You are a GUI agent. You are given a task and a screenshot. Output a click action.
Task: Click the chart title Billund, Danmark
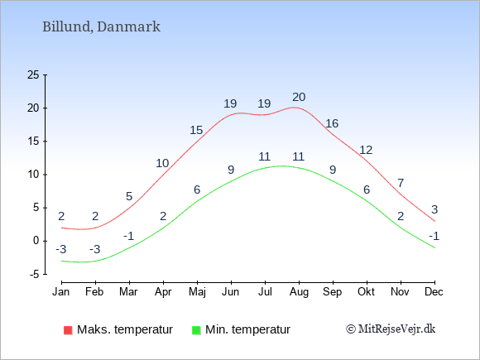tap(101, 27)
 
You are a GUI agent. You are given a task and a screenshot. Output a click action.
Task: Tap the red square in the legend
tap(68, 330)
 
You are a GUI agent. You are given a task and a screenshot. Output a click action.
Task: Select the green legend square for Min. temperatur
tap(196, 330)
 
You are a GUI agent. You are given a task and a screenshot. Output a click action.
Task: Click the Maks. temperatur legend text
tap(125, 329)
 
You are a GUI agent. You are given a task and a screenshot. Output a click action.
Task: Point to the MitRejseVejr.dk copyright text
tap(391, 329)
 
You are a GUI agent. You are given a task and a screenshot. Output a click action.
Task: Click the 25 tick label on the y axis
tap(33, 74)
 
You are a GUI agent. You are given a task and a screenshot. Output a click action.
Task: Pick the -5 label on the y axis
tap(34, 274)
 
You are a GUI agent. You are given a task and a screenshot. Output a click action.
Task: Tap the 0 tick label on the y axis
tap(36, 241)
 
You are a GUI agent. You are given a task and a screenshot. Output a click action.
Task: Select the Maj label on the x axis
tap(197, 292)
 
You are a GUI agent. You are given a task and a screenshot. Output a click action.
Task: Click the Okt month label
tap(366, 292)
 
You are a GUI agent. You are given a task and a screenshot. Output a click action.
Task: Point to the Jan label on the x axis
tap(61, 292)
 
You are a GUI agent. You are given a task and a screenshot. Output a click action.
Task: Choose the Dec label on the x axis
tap(434, 292)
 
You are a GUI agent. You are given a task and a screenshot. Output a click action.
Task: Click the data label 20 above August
tap(299, 97)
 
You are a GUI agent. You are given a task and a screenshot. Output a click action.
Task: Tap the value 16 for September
tap(332, 123)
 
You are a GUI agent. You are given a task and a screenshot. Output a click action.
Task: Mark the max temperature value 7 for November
tap(401, 183)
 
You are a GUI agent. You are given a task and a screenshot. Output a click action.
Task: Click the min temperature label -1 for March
tap(129, 236)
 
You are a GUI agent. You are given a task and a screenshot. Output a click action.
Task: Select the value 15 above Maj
tap(196, 130)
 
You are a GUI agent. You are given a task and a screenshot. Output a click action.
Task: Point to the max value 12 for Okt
tap(366, 150)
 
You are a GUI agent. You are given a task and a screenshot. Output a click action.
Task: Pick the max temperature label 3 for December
tap(434, 209)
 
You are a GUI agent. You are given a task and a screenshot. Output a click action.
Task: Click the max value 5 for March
tap(129, 196)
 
